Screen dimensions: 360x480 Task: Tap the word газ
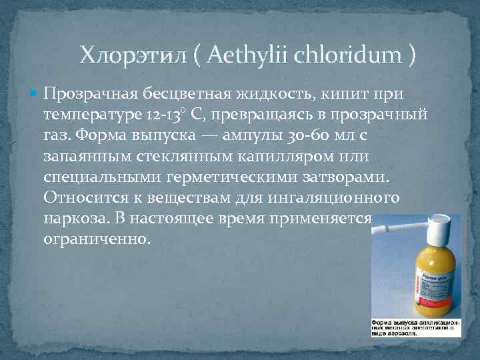click(55, 136)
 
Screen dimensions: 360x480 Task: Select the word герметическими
click(231, 179)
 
